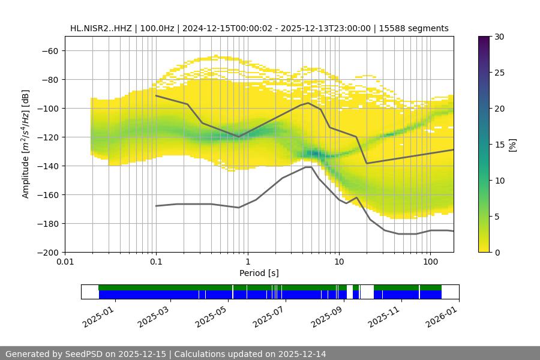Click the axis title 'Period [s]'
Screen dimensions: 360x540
(259, 273)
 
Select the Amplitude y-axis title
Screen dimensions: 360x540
(26, 144)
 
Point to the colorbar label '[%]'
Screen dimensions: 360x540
(512, 144)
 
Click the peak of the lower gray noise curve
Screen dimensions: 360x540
(308, 167)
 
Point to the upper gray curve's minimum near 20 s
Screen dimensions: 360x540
(367, 163)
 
